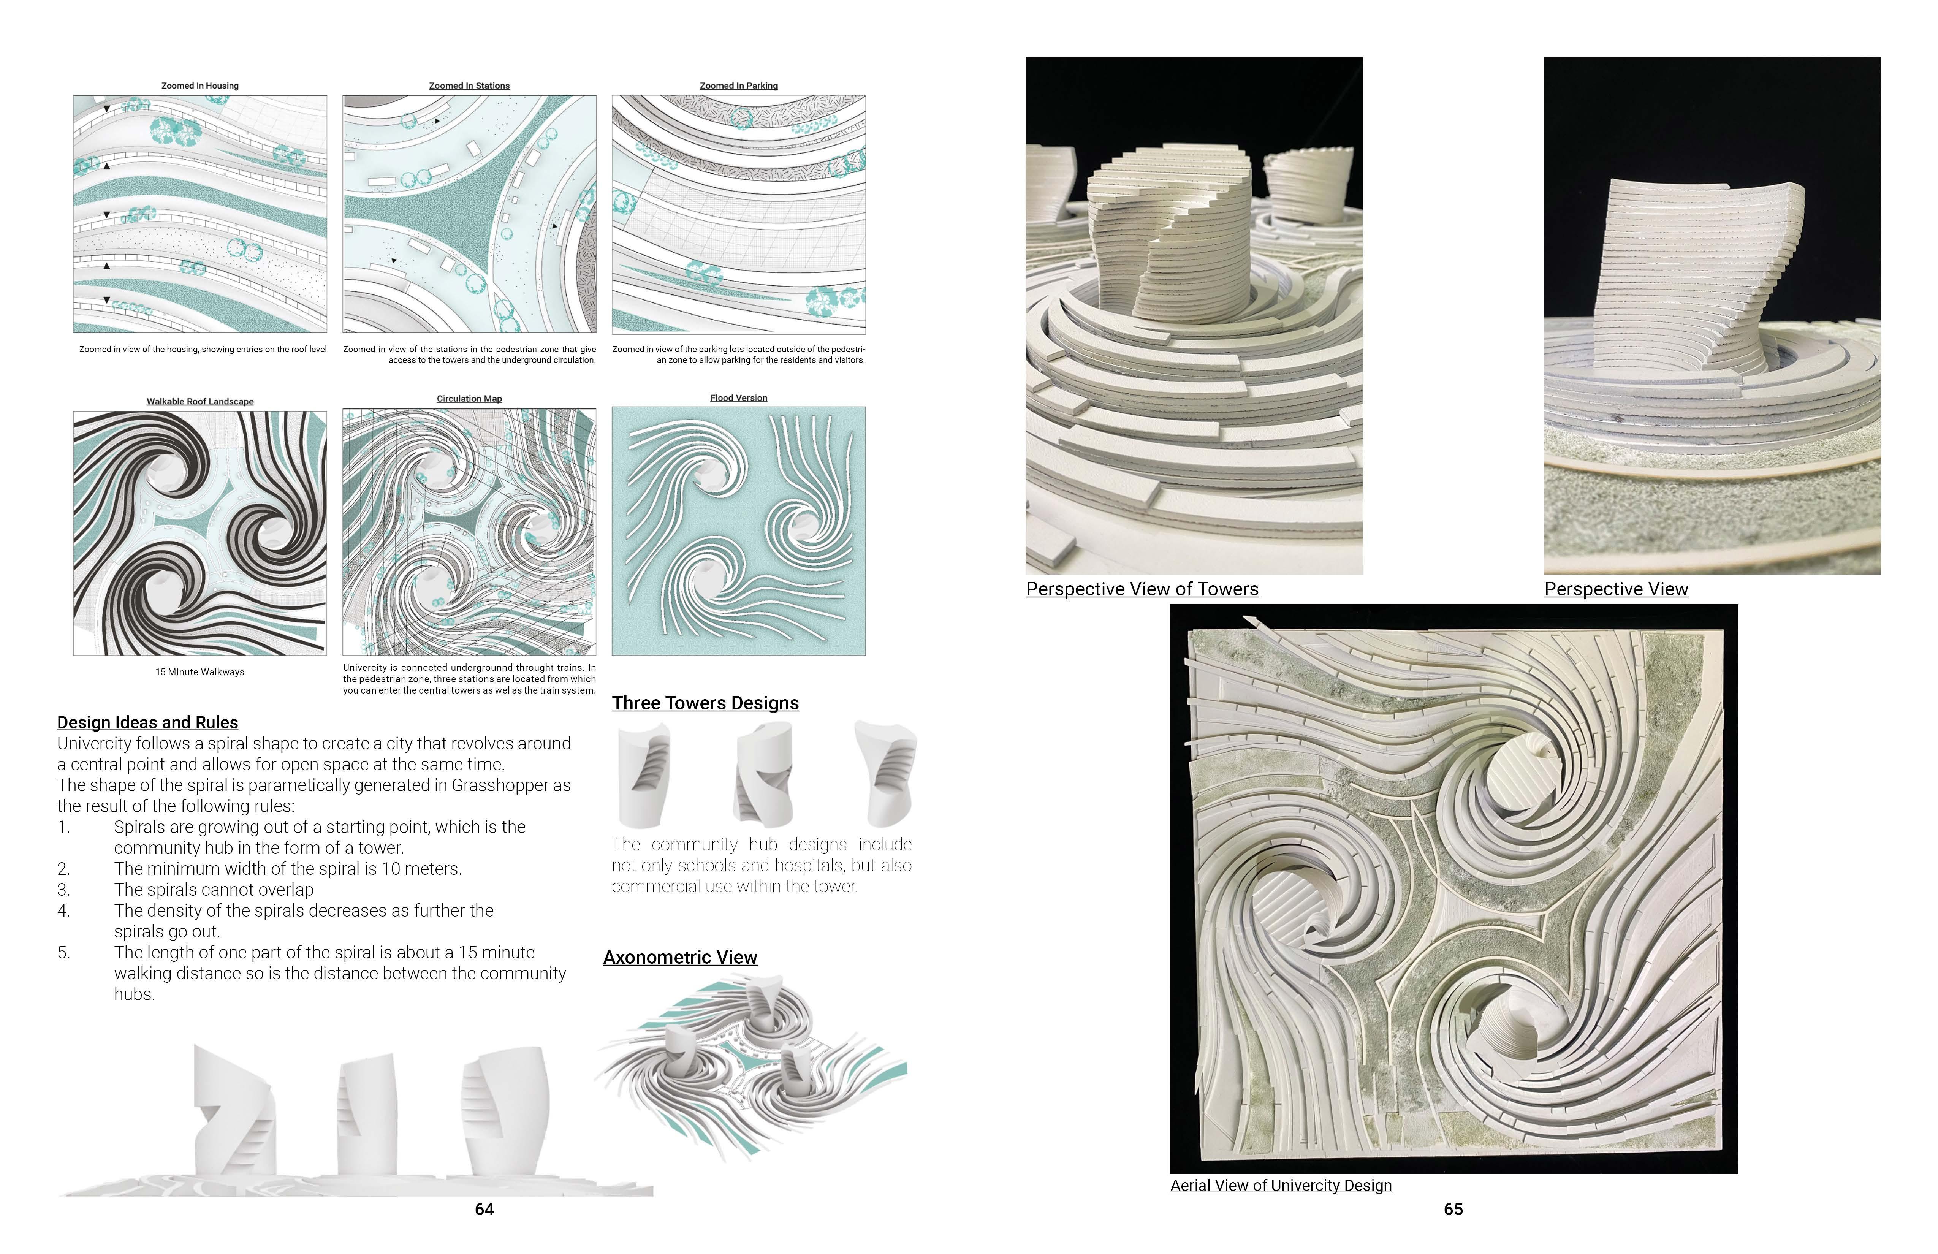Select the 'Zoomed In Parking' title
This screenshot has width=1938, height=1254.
[x=739, y=85]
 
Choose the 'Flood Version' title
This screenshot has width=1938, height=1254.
[x=739, y=398]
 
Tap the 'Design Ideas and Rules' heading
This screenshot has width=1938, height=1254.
[x=147, y=722]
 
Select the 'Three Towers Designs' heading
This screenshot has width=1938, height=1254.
[x=705, y=703]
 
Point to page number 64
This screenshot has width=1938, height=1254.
[x=484, y=1209]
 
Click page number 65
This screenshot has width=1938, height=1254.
[x=1453, y=1209]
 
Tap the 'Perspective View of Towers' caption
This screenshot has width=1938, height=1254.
[x=1142, y=589]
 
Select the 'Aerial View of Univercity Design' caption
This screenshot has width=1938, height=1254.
[x=1281, y=1186]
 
